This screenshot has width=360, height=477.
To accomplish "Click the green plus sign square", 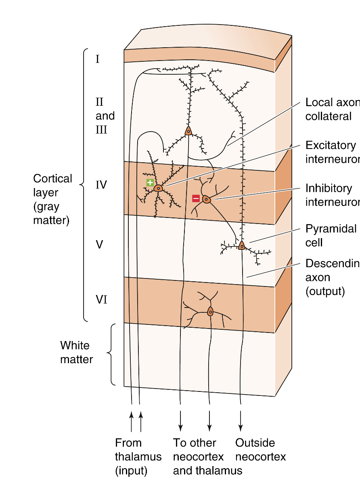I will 150,182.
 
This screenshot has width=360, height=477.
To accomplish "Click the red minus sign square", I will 196,198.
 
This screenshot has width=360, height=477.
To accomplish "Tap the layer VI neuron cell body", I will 210,312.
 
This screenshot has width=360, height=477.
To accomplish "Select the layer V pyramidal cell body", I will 241,245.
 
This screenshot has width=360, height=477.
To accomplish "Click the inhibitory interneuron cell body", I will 206,199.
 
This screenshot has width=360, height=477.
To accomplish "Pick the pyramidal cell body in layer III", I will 188,131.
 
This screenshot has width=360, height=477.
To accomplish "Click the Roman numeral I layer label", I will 98,59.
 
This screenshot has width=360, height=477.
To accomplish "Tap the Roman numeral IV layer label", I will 101,185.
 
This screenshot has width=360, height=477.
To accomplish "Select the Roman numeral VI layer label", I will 101,299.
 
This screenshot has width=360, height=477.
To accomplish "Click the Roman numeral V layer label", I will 99,244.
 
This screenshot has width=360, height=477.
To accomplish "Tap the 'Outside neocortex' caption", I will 260,450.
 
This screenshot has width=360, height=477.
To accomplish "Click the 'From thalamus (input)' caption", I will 138,456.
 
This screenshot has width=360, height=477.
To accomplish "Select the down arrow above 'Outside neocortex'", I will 241,421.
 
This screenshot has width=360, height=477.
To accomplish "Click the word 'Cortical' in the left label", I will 52,178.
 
